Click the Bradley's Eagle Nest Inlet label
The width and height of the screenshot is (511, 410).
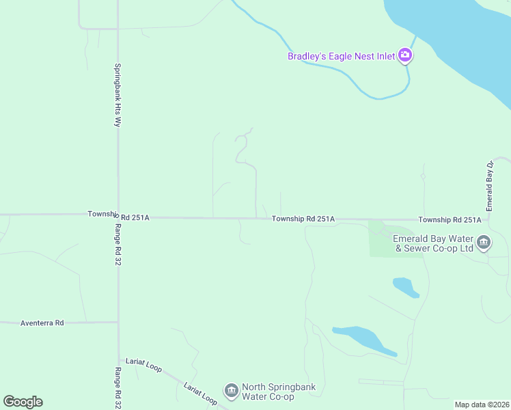coord(341,56)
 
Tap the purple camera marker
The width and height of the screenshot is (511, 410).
coord(405,55)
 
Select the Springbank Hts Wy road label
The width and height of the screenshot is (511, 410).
coord(118,95)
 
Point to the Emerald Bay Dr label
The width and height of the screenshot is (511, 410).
coord(489,186)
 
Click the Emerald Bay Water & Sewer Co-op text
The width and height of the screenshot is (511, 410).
coord(433,243)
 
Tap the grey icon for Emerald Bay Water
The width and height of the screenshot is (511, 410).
coord(484,243)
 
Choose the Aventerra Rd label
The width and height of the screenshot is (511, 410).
coord(42,323)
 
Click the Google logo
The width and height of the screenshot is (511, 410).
coord(23,402)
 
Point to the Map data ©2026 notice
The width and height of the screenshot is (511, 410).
coord(482,405)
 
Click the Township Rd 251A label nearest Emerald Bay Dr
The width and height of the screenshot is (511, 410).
coord(450,219)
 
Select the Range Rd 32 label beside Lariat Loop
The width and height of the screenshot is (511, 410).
coord(118,387)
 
